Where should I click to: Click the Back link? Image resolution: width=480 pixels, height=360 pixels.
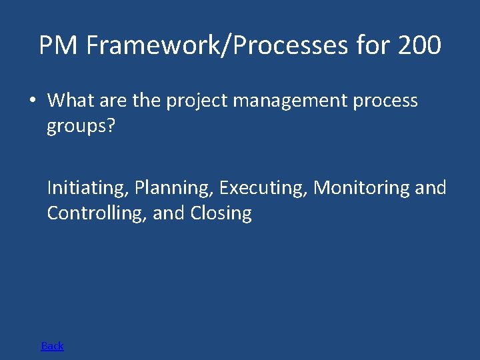[x=52, y=345]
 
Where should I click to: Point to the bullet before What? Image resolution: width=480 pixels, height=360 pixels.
[x=31, y=101]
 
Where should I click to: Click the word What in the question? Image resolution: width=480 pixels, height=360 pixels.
[x=71, y=101]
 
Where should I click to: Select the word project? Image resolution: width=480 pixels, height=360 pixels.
[x=194, y=101]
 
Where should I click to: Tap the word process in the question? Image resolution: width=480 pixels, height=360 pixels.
[x=386, y=101]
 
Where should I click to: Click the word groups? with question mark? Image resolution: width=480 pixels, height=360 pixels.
[x=81, y=127]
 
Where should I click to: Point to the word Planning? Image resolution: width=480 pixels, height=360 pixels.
[x=174, y=188]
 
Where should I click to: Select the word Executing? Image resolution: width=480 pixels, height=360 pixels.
[x=264, y=188]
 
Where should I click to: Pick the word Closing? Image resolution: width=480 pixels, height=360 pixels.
[x=221, y=213]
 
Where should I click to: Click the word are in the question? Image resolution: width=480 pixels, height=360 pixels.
[x=114, y=101]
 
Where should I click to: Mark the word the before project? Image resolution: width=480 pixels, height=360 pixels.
[x=147, y=101]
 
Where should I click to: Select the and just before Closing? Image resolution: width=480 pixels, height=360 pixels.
[x=169, y=213]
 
